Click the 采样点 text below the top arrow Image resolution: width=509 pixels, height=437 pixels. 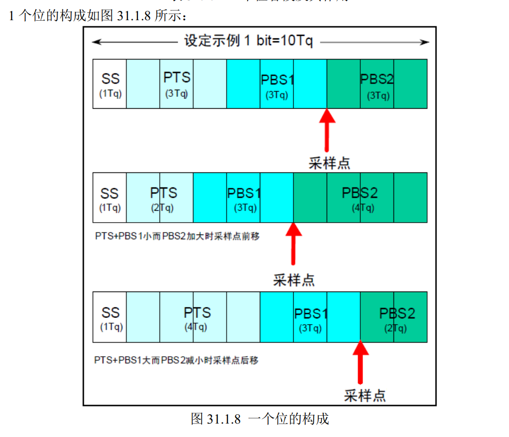(329, 163)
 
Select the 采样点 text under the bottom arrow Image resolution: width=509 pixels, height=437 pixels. (365, 396)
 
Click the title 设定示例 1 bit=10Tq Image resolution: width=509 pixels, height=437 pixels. (249, 41)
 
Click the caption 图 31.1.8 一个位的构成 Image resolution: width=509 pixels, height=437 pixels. (260, 419)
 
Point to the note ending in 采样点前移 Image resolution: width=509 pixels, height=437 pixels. (177, 236)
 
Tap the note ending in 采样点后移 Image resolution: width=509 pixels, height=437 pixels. (176, 360)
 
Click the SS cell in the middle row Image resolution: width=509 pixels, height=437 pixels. (109, 197)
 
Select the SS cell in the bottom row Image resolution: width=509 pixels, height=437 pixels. (110, 317)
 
